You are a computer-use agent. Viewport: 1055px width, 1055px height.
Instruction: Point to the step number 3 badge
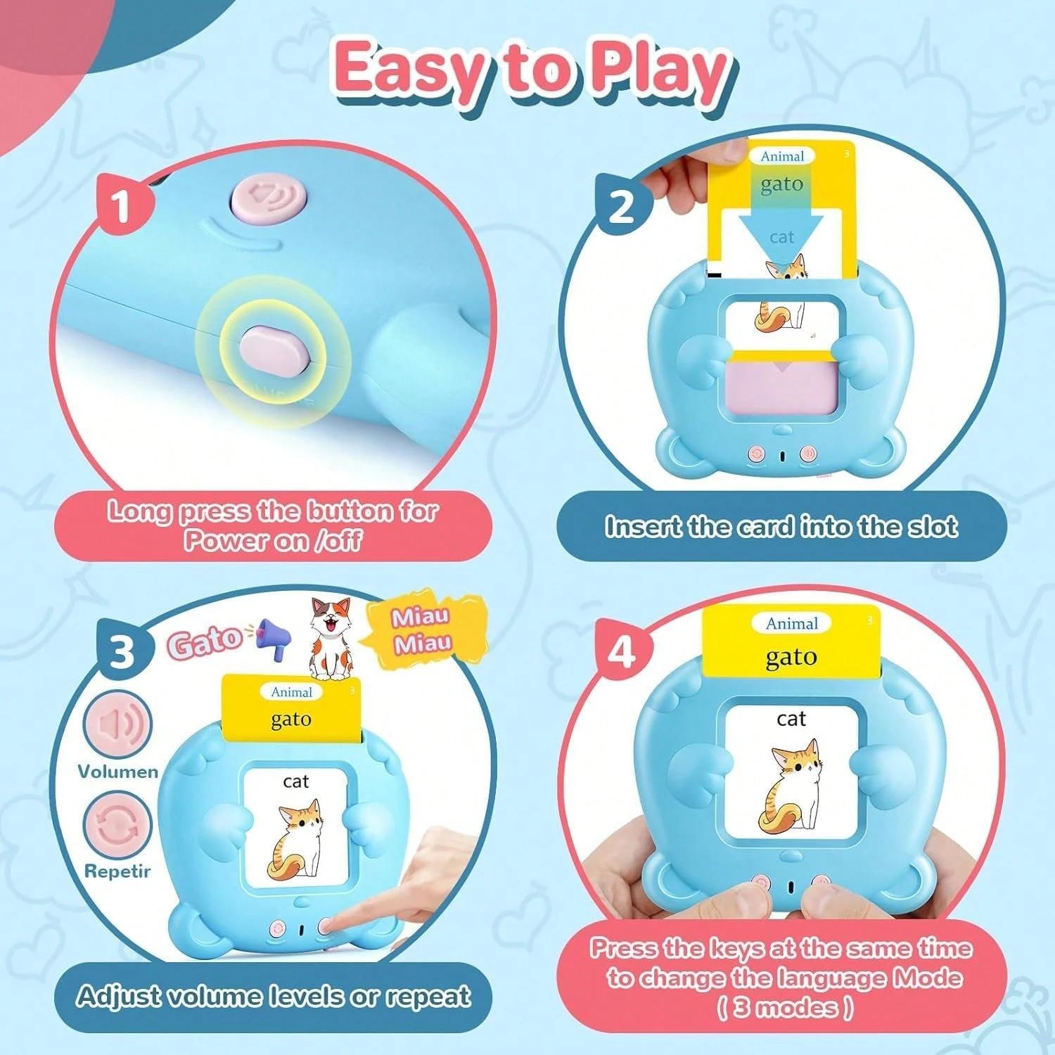pos(122,650)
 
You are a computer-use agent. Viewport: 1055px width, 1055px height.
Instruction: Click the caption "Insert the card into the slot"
pos(781,527)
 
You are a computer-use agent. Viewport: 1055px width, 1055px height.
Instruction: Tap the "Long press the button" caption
pos(273,525)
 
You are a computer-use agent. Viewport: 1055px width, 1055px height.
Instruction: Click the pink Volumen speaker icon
pos(117,725)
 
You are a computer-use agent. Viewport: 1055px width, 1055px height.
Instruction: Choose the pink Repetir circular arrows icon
pos(117,825)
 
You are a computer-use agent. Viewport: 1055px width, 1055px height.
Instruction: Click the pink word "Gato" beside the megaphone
pos(204,641)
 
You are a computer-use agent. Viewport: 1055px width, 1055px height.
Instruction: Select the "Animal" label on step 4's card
pos(791,623)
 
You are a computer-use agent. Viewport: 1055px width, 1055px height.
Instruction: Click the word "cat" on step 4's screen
pos(791,719)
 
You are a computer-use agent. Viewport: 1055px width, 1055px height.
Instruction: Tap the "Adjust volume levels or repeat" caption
pos(273,997)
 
